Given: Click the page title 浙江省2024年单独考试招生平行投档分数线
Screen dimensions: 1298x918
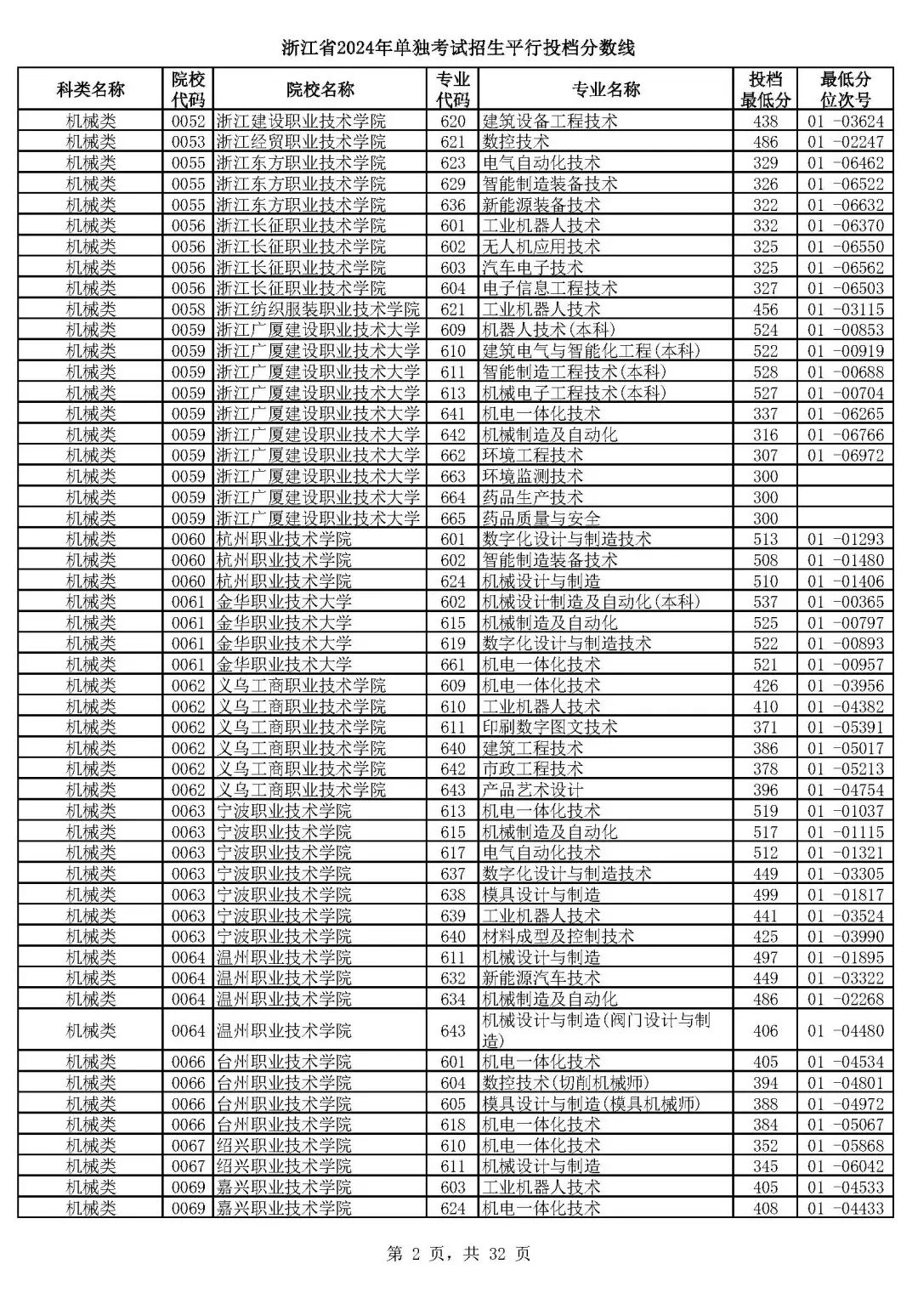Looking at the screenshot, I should click(x=458, y=48).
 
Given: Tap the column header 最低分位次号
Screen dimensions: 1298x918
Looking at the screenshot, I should click(x=845, y=89).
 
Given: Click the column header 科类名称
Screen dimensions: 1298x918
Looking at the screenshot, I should click(x=90, y=89).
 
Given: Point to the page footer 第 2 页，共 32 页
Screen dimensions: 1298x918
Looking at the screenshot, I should click(x=458, y=1253).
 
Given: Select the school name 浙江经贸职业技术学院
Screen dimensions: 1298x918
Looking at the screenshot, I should click(x=301, y=142).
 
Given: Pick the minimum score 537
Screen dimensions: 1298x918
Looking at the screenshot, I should click(x=765, y=602).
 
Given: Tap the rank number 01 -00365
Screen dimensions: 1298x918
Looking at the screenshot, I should click(x=845, y=602).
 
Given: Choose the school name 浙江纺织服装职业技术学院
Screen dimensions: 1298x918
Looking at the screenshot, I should click(x=318, y=309).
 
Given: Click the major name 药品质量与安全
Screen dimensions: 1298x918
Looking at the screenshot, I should click(x=541, y=519).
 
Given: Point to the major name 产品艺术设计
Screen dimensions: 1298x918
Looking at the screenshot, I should click(x=532, y=790).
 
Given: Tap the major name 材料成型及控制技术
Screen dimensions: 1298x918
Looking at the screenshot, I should click(x=558, y=936).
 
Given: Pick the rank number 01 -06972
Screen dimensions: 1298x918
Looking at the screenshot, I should click(x=845, y=456).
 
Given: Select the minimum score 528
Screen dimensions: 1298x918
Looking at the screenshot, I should click(x=765, y=372).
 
